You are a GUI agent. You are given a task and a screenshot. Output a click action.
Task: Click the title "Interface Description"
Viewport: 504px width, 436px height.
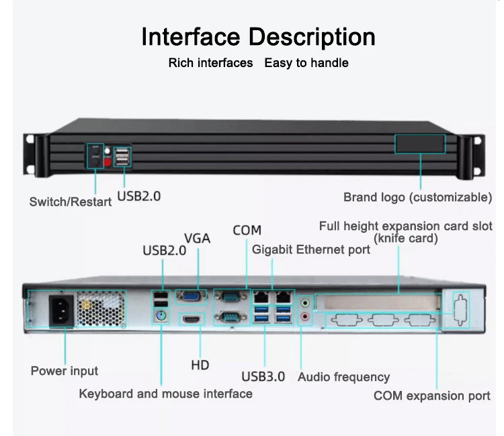pyautogui.click(x=258, y=36)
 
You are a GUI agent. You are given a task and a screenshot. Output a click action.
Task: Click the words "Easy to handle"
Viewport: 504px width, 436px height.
pyautogui.click(x=306, y=63)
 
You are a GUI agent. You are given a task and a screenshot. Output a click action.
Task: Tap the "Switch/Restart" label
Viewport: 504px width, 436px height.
pyautogui.click(x=70, y=201)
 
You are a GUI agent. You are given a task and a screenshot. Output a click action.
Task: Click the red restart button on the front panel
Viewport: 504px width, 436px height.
pyautogui.click(x=107, y=161)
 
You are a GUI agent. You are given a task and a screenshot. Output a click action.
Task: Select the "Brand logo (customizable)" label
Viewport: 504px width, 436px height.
pyautogui.click(x=417, y=197)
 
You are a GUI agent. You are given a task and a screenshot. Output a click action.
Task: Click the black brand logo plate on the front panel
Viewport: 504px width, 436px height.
pyautogui.click(x=420, y=144)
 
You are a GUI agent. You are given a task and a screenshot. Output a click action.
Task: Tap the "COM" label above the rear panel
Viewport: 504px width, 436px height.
pyautogui.click(x=247, y=230)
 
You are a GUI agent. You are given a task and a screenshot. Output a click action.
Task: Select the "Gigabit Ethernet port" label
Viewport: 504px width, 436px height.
pyautogui.click(x=310, y=250)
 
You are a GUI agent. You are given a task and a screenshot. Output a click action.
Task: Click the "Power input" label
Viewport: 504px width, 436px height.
pyautogui.click(x=65, y=371)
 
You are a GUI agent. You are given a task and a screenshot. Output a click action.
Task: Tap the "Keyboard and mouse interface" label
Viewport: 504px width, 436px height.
pyautogui.click(x=165, y=394)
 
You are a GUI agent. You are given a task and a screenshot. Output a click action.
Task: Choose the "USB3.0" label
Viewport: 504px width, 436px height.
pyautogui.click(x=263, y=376)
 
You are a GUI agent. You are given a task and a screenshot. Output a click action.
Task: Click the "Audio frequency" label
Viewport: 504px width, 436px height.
pyautogui.click(x=343, y=377)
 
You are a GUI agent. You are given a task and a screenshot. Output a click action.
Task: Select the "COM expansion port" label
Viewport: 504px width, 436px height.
pyautogui.click(x=431, y=396)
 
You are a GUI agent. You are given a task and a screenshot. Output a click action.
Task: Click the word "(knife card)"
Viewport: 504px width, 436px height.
pyautogui.click(x=405, y=238)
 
